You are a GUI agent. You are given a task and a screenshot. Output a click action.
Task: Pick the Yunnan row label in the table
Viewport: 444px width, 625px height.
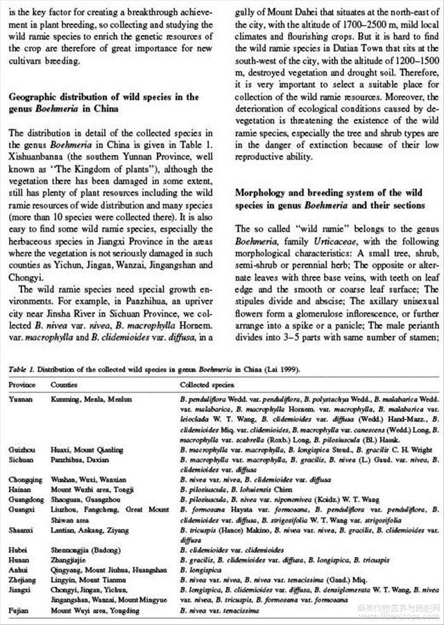click(x=21, y=399)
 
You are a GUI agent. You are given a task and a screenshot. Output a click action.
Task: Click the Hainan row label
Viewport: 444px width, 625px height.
click(x=19, y=489)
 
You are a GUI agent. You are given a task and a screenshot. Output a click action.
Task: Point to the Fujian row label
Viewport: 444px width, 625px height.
click(x=19, y=610)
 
